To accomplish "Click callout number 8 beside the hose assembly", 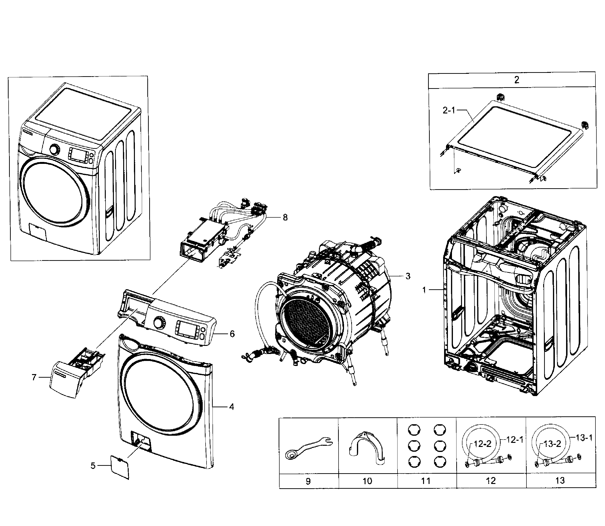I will [x=285, y=218].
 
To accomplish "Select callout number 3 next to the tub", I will [x=408, y=276].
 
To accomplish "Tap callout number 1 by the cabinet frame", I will [x=424, y=290].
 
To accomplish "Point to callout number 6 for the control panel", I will [x=232, y=334].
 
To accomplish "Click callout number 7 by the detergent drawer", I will [x=34, y=377].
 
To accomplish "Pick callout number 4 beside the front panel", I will [x=232, y=407].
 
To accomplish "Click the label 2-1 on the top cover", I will [x=449, y=110].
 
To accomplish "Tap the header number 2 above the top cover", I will [x=517, y=80].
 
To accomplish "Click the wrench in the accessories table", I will [x=308, y=448].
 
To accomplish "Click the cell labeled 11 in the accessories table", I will [x=426, y=481].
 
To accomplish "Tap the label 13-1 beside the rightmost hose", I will [x=584, y=438].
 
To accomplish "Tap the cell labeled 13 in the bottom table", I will [x=560, y=481].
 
